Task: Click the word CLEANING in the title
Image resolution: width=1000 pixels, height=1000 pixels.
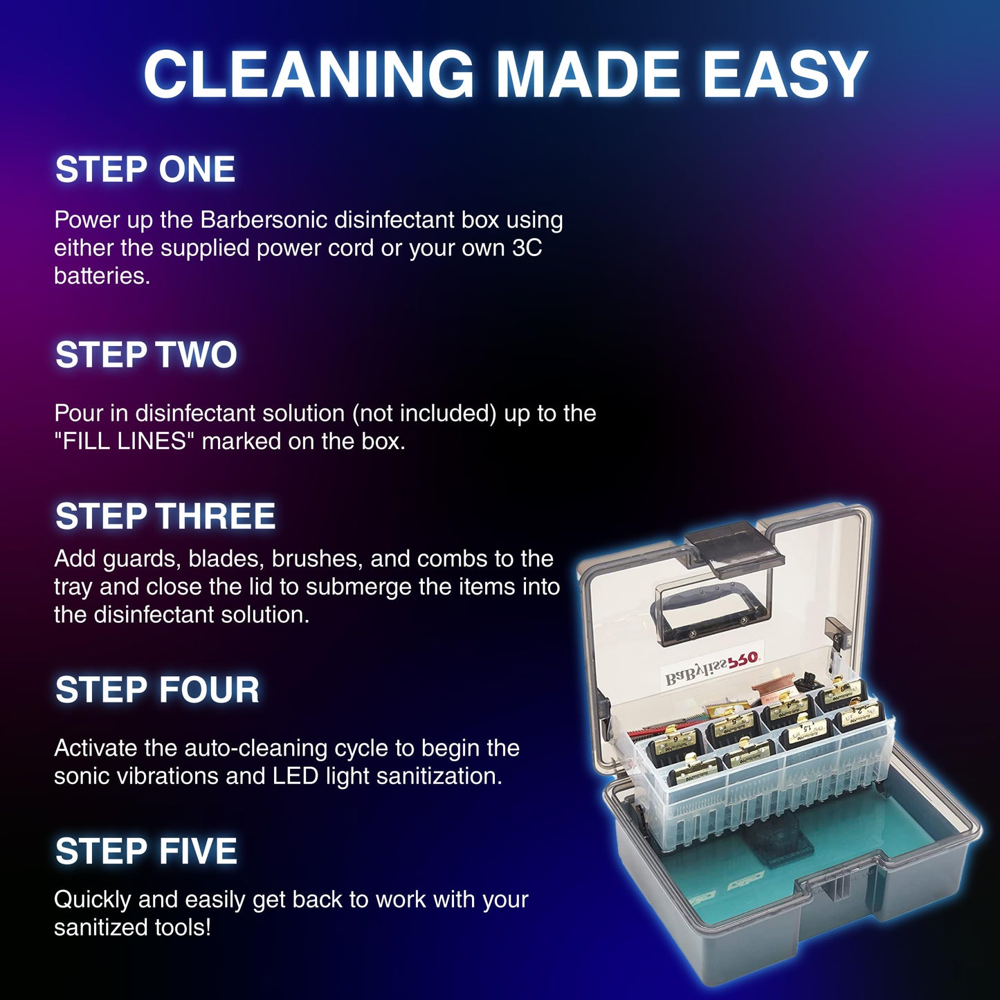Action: coord(309,75)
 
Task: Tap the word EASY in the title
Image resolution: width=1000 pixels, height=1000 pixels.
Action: coord(785,75)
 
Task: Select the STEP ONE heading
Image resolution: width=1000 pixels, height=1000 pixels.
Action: coord(145,170)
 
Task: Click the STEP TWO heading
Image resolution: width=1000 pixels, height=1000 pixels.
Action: coord(146,355)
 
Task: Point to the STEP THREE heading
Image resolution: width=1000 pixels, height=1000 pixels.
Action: coord(165,516)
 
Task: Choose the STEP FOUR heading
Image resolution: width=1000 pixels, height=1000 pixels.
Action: coord(158,690)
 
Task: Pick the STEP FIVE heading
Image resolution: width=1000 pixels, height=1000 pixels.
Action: coord(146,851)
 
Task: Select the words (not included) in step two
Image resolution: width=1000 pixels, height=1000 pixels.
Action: coord(424,413)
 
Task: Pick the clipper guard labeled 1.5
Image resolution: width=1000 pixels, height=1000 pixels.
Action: coord(807,730)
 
